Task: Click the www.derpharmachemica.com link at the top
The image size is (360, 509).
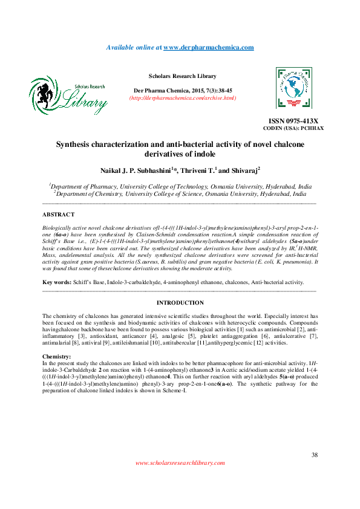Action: tap(208, 47)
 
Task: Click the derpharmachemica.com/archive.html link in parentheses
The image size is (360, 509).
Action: tap(183, 97)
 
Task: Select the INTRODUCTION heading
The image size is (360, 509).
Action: tap(180, 302)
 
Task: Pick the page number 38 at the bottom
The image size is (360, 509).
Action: tap(314, 455)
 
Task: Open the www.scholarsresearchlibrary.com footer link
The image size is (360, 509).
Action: tap(180, 463)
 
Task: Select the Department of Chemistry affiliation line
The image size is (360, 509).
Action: tap(180, 195)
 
